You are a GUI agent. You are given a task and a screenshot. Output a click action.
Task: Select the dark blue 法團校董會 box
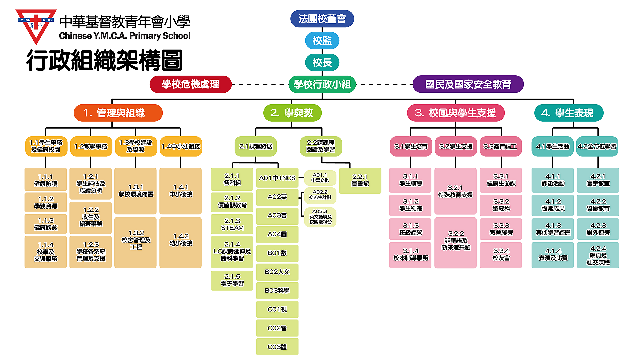pyautogui.click(x=322, y=19)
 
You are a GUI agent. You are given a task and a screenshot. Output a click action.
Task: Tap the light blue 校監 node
pyautogui.click(x=322, y=41)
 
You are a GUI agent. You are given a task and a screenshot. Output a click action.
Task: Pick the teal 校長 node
pyautogui.click(x=322, y=62)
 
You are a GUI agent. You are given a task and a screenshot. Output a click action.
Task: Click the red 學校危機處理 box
pyautogui.click(x=190, y=84)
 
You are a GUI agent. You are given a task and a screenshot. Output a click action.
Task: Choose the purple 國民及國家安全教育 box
pyautogui.click(x=468, y=84)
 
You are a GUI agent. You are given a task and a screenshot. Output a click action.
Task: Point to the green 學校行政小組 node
pyautogui.click(x=322, y=84)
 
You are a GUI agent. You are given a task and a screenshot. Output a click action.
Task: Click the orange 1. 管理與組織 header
pyautogui.click(x=118, y=113)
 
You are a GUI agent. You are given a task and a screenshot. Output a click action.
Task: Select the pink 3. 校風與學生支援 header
pyautogui.click(x=455, y=113)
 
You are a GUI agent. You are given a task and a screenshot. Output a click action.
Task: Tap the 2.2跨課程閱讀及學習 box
pyautogui.click(x=321, y=146)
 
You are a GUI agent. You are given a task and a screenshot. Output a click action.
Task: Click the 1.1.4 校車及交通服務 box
pyautogui.click(x=46, y=252)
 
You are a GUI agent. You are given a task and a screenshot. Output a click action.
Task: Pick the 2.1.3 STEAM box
pyautogui.click(x=232, y=224)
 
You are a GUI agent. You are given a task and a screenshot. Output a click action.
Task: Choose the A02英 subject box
pyautogui.click(x=277, y=197)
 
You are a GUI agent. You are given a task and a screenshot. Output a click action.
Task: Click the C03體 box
pyautogui.click(x=277, y=347)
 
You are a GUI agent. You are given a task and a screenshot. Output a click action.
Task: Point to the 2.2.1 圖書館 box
pyautogui.click(x=360, y=180)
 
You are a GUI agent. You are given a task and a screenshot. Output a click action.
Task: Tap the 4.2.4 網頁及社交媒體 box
pyautogui.click(x=598, y=255)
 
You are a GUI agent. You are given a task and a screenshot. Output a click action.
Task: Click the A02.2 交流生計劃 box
pyautogui.click(x=320, y=195)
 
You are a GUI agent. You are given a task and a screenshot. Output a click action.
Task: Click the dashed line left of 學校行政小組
pyautogui.click(x=260, y=84)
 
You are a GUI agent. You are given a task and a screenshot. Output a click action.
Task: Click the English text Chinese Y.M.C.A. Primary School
pyautogui.click(x=125, y=36)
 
